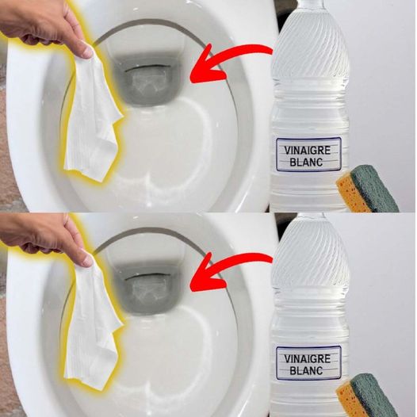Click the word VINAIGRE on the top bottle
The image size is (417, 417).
coord(308,151)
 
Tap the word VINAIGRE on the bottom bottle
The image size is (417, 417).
coord(308,359)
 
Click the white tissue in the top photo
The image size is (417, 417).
coord(92,117)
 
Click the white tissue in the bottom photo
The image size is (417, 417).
coord(92,326)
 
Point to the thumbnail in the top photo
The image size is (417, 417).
coord(87,52)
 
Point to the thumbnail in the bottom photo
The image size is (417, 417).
coord(87,260)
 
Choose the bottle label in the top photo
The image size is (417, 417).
coord(308,155)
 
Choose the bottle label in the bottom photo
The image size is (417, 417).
coord(308,363)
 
